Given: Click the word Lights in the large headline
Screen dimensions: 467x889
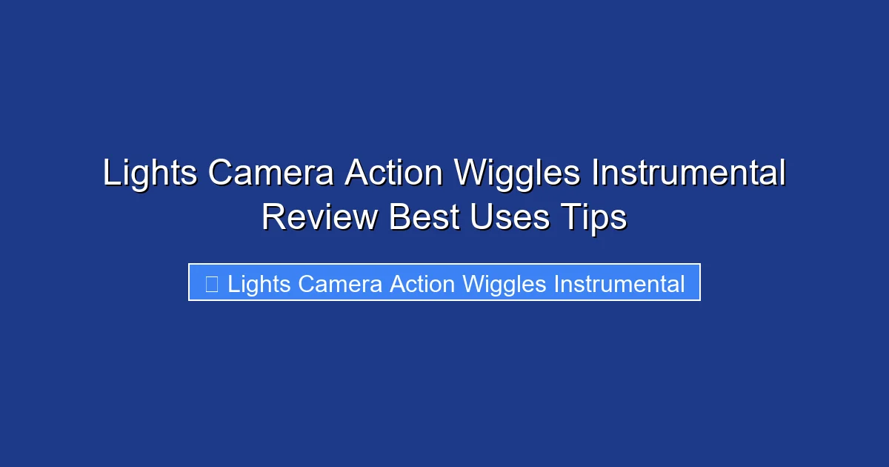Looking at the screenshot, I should pyautogui.click(x=150, y=173).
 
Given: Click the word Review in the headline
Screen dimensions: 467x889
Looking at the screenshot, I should pyautogui.click(x=319, y=218).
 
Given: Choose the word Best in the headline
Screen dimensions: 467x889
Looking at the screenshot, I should pyautogui.click(x=423, y=218).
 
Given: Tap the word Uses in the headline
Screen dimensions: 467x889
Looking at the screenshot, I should pyautogui.click(x=509, y=218).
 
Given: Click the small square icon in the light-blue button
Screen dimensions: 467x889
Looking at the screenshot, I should pyautogui.click(x=211, y=283).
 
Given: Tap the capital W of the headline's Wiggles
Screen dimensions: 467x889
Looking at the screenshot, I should pyautogui.click(x=469, y=173).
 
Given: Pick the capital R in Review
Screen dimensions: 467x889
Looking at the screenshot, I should pyautogui.click(x=273, y=218).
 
